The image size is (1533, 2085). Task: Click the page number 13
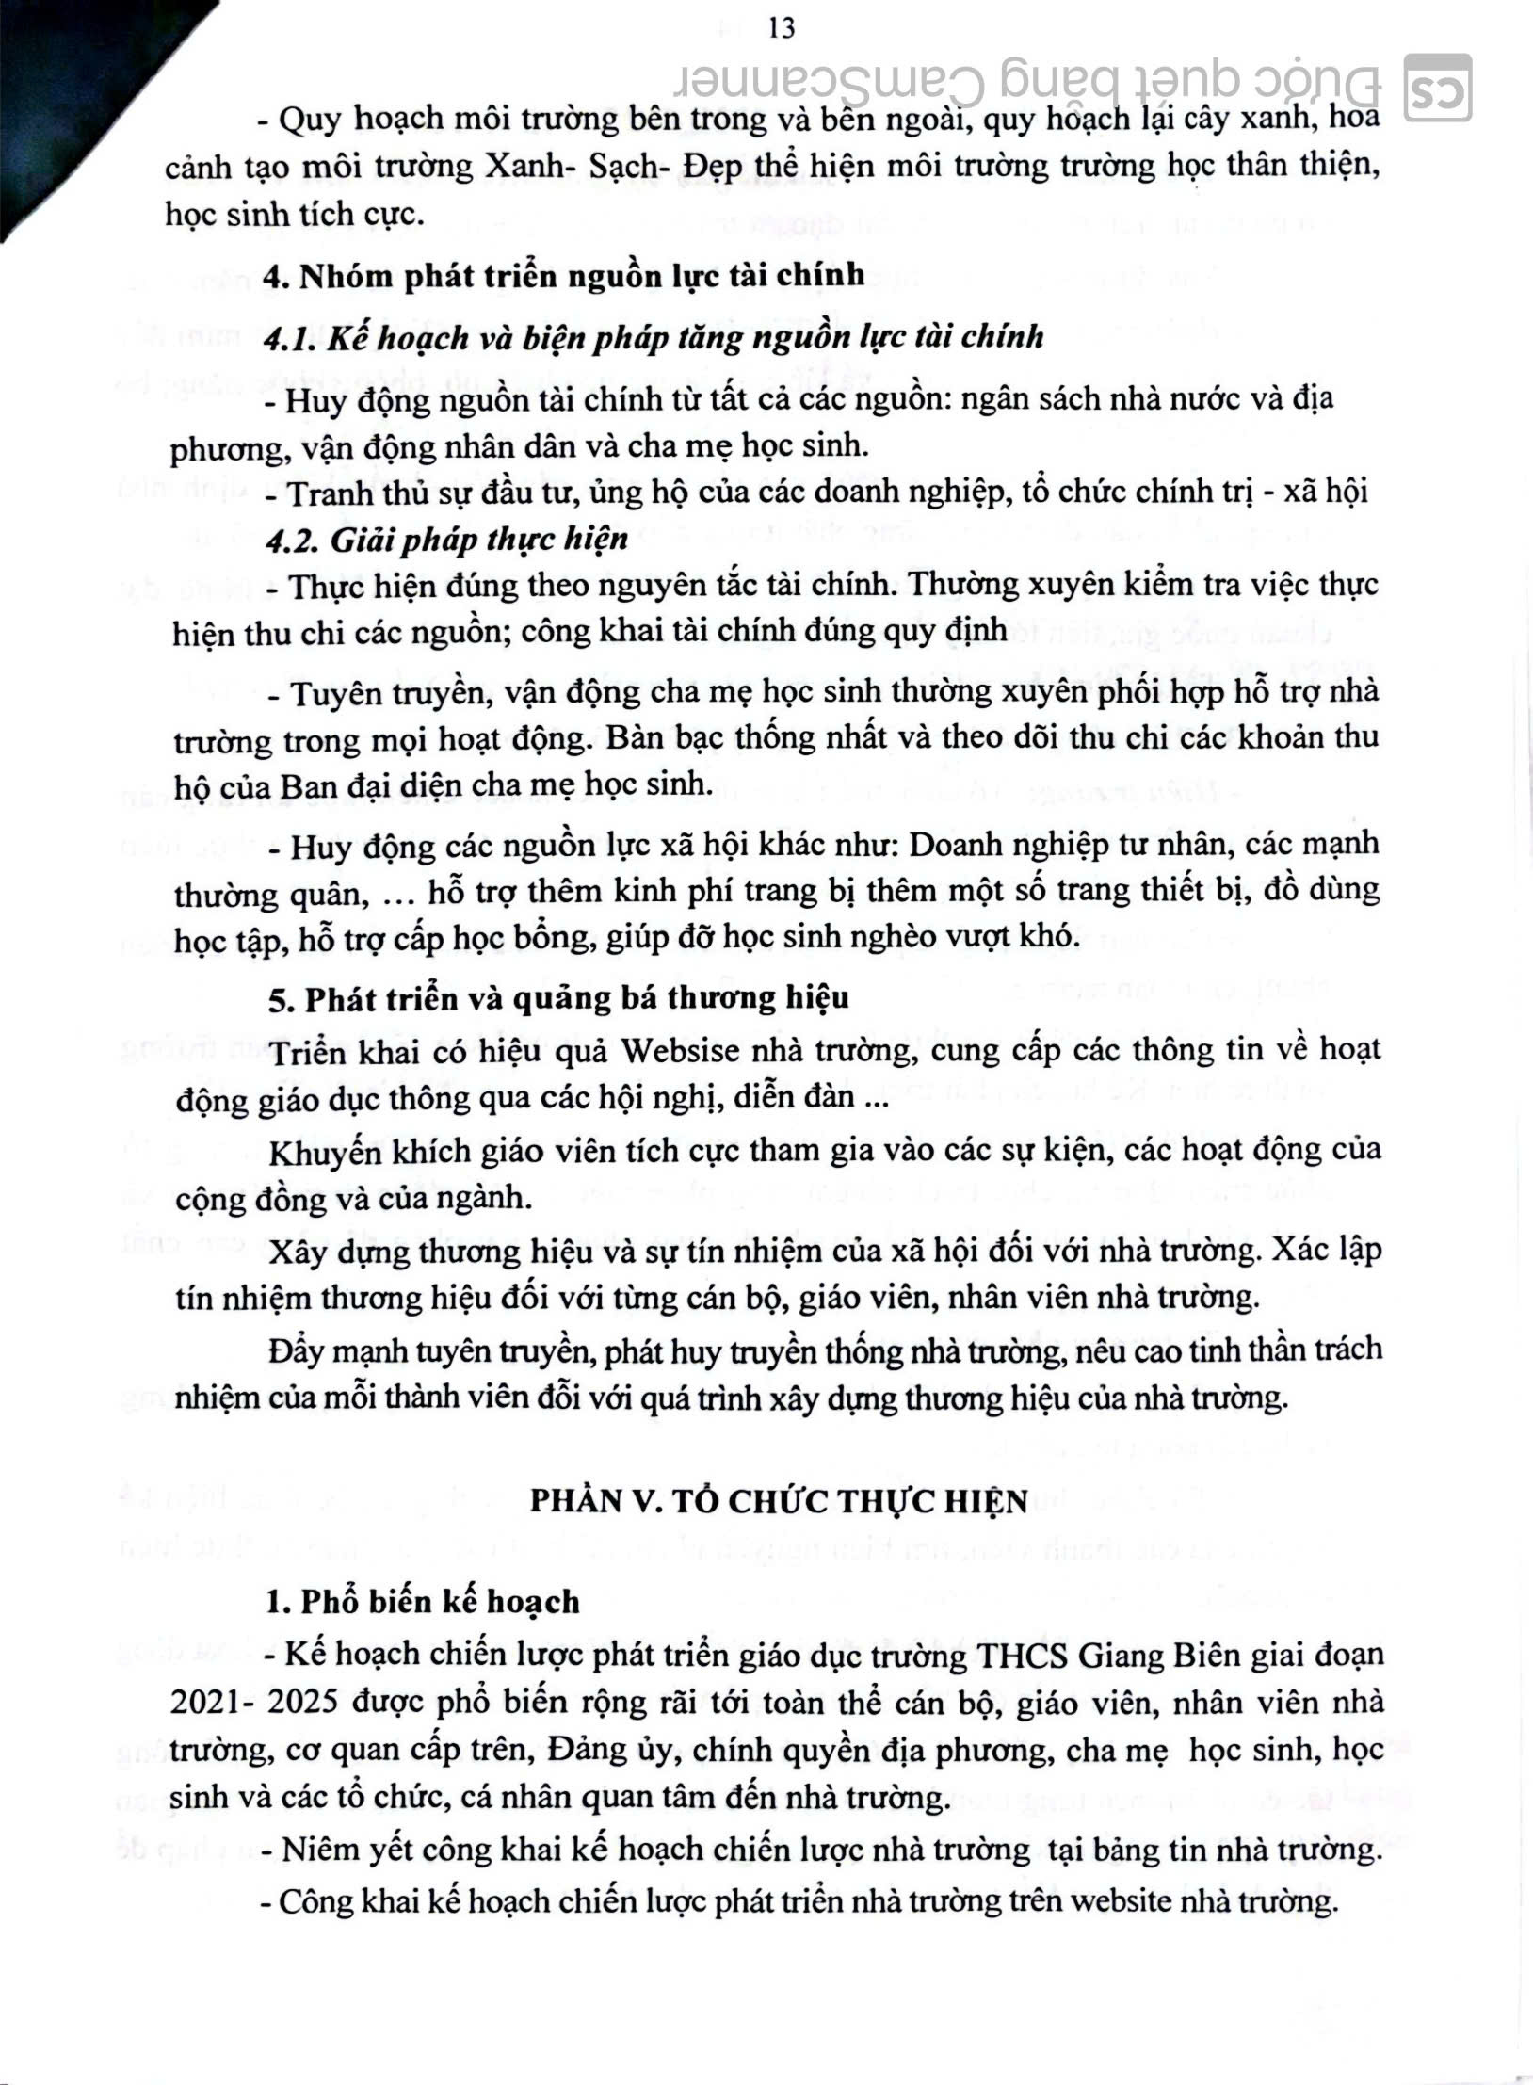pos(783,29)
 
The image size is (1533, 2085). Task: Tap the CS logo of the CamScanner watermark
pos(1437,89)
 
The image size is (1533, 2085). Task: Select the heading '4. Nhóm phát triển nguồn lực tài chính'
pos(563,276)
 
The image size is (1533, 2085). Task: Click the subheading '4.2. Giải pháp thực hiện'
pos(446,540)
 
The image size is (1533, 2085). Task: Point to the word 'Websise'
pos(679,1051)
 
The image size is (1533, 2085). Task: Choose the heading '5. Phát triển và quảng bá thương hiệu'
pos(558,998)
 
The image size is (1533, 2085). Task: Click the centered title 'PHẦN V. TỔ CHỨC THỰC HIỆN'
pos(778,1502)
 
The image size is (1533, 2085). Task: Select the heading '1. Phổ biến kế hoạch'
pos(422,1602)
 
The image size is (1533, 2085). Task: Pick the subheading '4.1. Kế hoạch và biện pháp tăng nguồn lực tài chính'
pos(654,337)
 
